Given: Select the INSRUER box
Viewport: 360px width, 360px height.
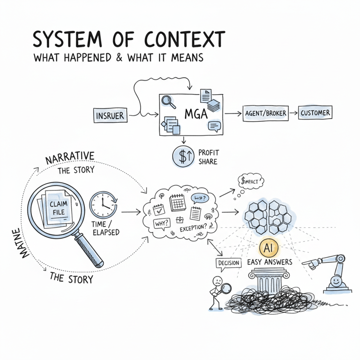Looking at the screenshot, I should pyautogui.click(x=110, y=115).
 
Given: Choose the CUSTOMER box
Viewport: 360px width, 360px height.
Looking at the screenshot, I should pyautogui.click(x=315, y=112).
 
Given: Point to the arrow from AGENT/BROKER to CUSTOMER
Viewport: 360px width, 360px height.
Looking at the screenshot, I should pyautogui.click(x=292, y=113).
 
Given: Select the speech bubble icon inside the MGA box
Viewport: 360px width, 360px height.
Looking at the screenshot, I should pyautogui.click(x=214, y=126).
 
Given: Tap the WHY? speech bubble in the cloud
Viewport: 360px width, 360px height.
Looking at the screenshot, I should pyautogui.click(x=162, y=224).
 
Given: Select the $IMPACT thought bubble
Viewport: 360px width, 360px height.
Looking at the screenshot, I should pyautogui.click(x=251, y=180).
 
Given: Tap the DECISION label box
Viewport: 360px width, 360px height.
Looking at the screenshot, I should pyautogui.click(x=228, y=263).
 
